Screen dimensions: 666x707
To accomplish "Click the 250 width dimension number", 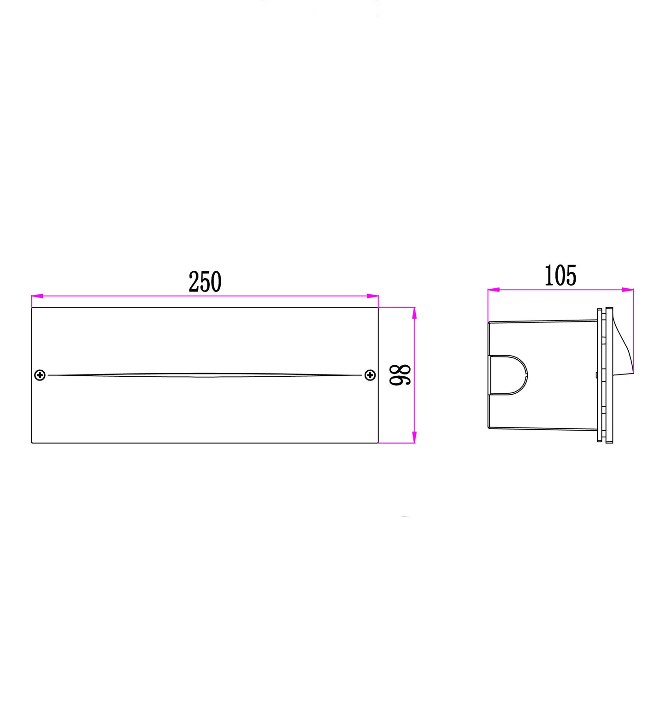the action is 205,282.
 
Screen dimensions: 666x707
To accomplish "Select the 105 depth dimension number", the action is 560,276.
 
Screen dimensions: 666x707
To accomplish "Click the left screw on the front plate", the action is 40,375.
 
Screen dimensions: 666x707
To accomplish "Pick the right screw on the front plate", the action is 370,375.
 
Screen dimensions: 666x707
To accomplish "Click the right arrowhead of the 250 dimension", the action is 372,296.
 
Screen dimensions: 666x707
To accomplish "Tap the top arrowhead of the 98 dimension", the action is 414,313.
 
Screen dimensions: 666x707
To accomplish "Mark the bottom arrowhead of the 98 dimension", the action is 414,437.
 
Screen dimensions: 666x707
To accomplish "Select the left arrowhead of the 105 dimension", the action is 494,290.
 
